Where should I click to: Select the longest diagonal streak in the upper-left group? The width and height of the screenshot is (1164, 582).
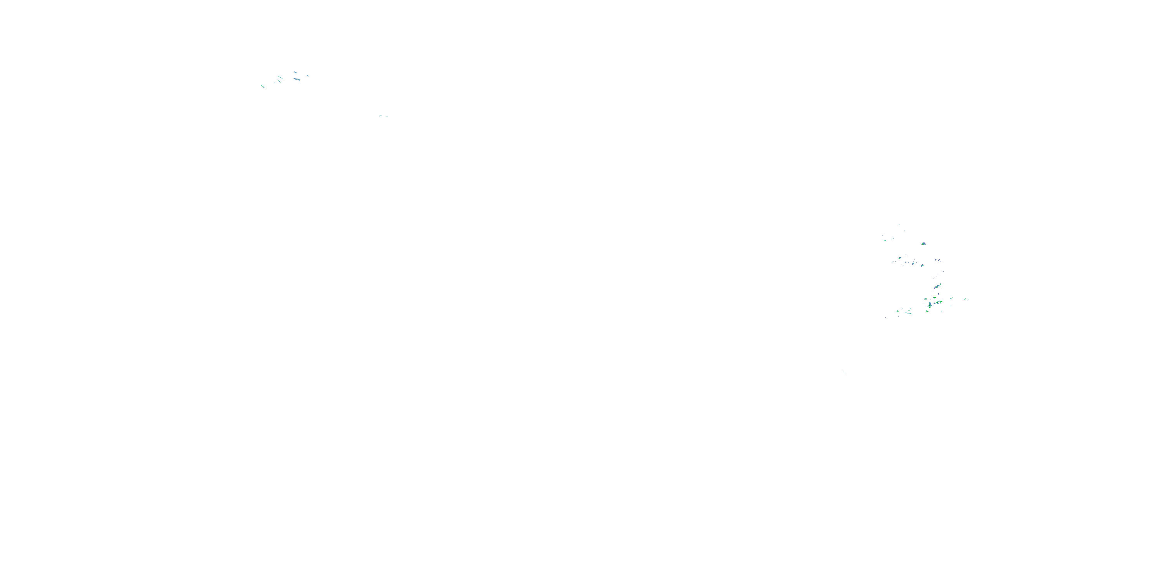pyautogui.click(x=281, y=78)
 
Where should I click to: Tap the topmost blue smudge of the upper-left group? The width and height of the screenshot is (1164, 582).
pyautogui.click(x=296, y=72)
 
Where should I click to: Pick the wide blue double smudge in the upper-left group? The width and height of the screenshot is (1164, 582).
pyautogui.click(x=297, y=80)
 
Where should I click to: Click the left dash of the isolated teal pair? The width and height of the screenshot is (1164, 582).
pyautogui.click(x=380, y=116)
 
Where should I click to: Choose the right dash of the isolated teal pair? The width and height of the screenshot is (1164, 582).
pyautogui.click(x=387, y=116)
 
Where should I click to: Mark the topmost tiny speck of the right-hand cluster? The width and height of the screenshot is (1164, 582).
pyautogui.click(x=899, y=225)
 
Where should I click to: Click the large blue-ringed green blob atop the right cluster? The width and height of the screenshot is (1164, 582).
pyautogui.click(x=923, y=244)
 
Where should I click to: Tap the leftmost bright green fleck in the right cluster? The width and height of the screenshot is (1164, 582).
pyautogui.click(x=885, y=241)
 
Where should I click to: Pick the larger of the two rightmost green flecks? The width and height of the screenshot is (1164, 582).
pyautogui.click(x=965, y=299)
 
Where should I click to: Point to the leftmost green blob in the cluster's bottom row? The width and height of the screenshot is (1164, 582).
pyautogui.click(x=898, y=311)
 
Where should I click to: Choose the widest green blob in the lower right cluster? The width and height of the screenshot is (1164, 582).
pyautogui.click(x=939, y=302)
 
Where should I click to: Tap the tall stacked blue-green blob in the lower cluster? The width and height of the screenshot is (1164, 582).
pyautogui.click(x=930, y=304)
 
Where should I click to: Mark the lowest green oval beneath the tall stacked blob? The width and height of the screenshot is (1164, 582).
pyautogui.click(x=927, y=311)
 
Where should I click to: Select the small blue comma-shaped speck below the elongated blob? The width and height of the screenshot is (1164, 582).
pyautogui.click(x=939, y=294)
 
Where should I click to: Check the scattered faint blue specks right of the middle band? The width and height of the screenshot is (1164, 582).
pyautogui.click(x=939, y=260)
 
